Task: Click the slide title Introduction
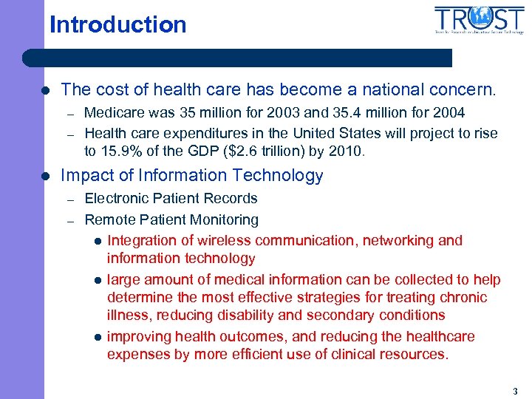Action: coord(117,24)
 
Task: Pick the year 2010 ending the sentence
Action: coord(347,151)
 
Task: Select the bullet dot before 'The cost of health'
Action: coord(45,90)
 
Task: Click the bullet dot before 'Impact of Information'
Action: coord(45,176)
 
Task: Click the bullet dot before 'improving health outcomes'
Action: coord(98,337)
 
